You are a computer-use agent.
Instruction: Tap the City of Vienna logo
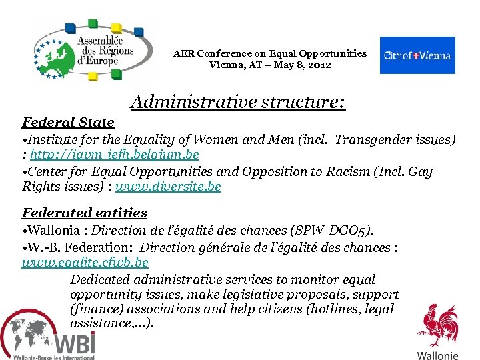click(417, 55)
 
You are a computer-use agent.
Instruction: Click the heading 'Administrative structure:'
click(238, 102)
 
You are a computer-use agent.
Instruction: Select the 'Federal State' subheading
click(68, 123)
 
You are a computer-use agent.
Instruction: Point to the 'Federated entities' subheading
click(85, 213)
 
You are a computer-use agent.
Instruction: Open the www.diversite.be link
click(168, 187)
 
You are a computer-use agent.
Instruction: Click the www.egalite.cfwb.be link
click(85, 263)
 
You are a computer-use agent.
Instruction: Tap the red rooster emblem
click(437, 325)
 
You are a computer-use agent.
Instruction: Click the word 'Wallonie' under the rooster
click(437, 353)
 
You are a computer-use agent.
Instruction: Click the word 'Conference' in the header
click(225, 53)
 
